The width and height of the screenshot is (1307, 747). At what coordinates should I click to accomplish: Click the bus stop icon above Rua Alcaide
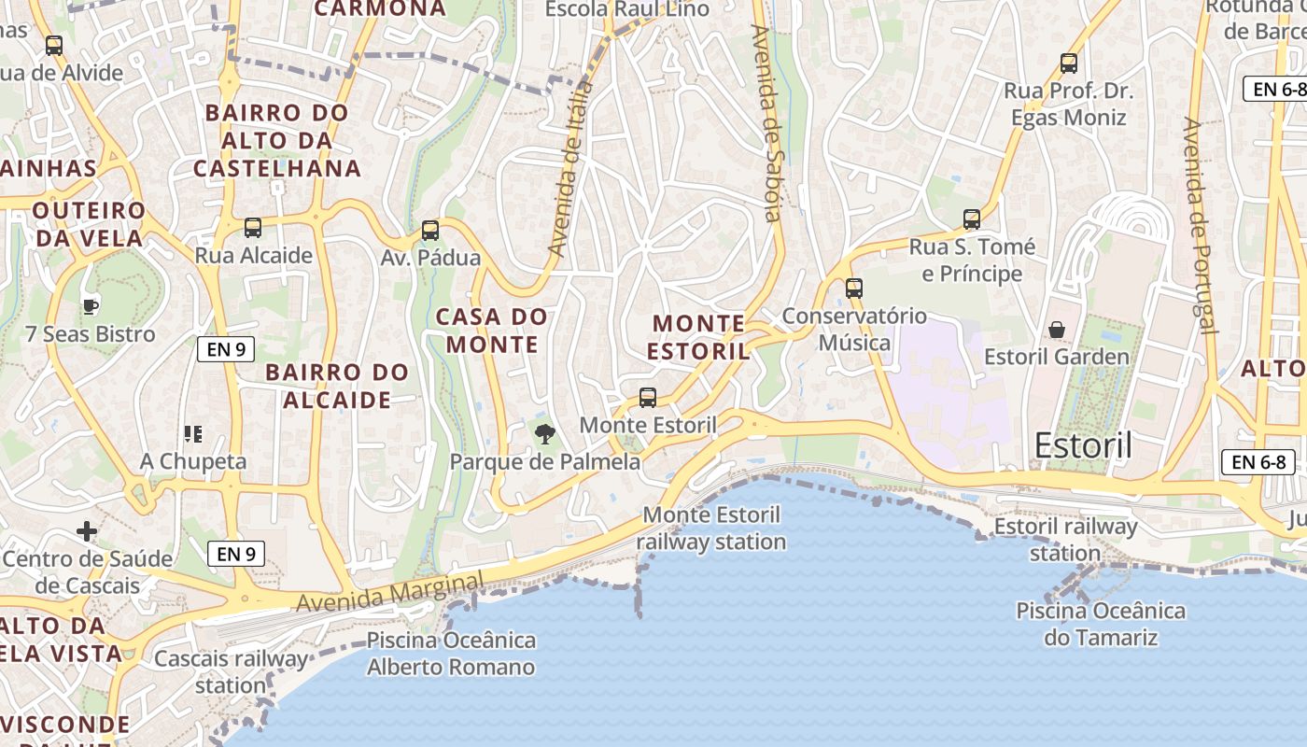252,227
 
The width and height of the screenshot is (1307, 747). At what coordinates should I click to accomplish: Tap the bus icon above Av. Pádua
430,230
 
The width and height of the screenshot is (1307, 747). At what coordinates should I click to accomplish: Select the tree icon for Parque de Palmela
544,433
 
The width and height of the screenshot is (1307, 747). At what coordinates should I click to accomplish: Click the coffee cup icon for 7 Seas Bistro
91,305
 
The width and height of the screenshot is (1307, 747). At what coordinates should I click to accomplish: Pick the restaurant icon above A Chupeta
193,433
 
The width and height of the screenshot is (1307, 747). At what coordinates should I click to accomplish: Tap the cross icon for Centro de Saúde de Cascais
87,532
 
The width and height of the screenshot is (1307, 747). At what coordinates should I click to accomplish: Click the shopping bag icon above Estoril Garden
1057,330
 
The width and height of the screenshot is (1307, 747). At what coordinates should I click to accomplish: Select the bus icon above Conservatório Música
854,289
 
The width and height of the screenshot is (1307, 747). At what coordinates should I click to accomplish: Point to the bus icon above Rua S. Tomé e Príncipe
972,219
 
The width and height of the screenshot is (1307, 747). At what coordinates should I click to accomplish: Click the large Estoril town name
1083,445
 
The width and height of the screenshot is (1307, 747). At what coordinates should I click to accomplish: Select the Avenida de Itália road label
570,169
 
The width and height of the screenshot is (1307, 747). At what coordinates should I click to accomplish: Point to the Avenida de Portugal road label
1200,224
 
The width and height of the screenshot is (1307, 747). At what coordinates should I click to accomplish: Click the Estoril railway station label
1065,540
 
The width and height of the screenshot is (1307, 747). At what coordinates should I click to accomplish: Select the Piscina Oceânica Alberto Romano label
451,654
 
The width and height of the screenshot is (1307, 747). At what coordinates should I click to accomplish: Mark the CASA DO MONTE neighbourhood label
492,331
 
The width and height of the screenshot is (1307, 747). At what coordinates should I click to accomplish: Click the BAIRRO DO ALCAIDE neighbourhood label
337,386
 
